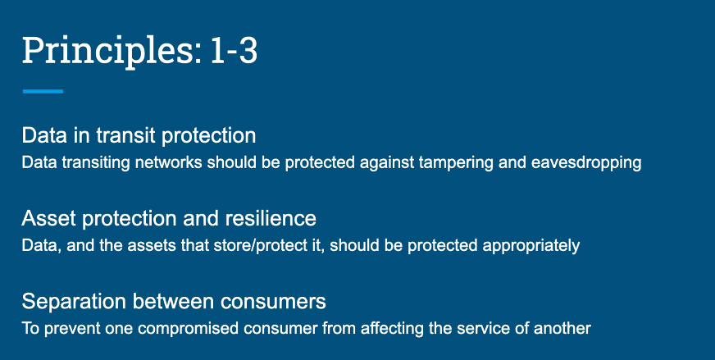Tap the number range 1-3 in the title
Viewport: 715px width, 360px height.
(x=235, y=50)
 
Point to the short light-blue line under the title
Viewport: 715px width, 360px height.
(x=43, y=91)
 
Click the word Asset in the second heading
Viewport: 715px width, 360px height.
(x=48, y=219)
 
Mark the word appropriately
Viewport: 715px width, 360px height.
(x=531, y=246)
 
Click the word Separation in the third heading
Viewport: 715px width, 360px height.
(x=75, y=302)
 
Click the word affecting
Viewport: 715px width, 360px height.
(x=392, y=329)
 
